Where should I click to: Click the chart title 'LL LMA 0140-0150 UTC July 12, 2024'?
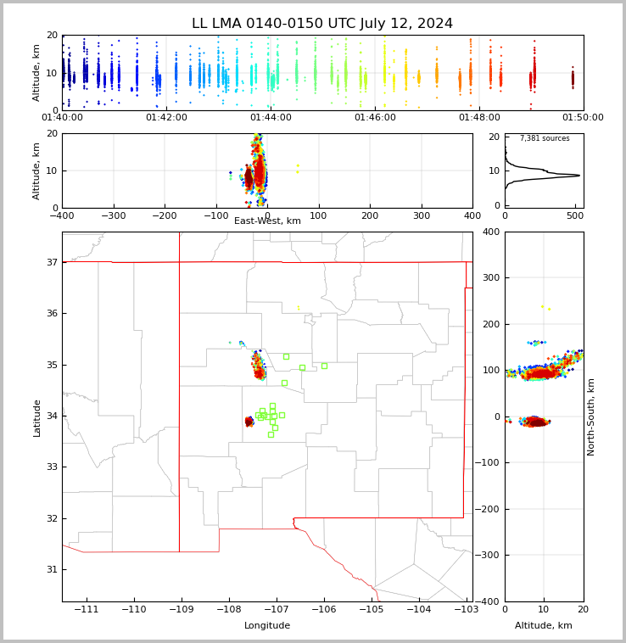(x=322, y=24)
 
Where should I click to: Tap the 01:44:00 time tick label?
(x=271, y=117)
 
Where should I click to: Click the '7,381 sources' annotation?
(x=545, y=138)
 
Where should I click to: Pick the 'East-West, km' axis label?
(x=267, y=221)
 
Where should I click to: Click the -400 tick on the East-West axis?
(x=62, y=215)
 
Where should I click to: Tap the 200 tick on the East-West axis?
(x=370, y=215)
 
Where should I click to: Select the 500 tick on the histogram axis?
(x=574, y=215)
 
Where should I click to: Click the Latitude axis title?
(x=36, y=417)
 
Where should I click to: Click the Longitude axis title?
(x=267, y=626)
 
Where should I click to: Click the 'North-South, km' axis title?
(x=591, y=417)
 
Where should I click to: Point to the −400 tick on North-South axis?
(x=489, y=601)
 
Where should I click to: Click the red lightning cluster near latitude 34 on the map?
(x=249, y=421)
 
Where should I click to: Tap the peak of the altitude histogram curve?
(x=579, y=176)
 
